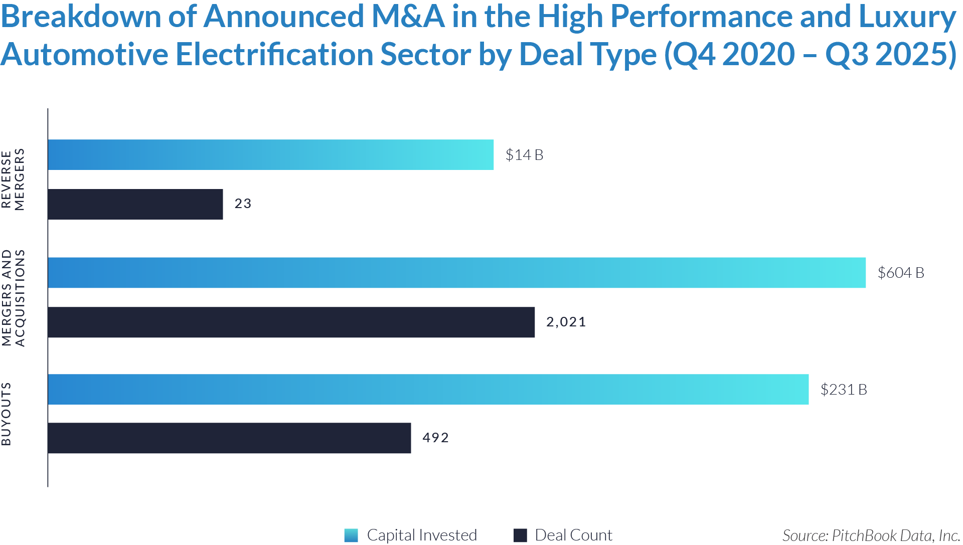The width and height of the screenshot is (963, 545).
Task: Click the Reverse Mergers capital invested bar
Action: point(271,154)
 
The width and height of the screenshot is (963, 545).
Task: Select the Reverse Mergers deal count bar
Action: point(135,204)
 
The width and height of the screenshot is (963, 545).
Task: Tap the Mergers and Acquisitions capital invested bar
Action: point(457,273)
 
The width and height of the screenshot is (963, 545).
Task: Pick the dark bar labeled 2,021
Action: point(291,322)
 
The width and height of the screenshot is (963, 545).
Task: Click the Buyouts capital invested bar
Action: point(428,389)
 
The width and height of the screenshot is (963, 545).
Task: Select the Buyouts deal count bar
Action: point(229,438)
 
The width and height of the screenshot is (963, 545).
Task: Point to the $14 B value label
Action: point(524,155)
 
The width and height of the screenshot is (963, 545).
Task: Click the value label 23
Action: point(243,204)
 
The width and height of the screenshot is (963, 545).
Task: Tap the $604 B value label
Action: point(901,273)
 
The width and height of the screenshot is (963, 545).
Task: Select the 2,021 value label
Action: point(566,322)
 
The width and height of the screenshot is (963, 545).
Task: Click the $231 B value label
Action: point(844,390)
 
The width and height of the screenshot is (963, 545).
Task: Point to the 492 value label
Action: point(435,438)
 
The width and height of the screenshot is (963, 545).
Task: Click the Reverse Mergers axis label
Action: point(13,179)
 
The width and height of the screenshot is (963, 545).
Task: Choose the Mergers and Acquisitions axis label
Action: point(13,298)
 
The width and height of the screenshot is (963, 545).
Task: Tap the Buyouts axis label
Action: point(7,414)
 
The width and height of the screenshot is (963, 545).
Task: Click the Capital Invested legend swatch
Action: point(351,535)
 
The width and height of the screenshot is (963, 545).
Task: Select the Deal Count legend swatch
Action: point(520,535)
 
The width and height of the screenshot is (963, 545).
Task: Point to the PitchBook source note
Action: point(871,535)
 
